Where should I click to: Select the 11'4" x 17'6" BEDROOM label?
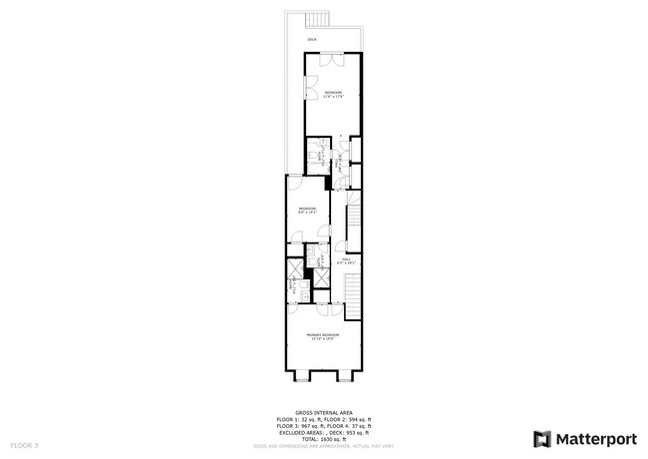(x=334, y=94)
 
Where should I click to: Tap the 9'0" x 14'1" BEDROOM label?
(x=307, y=210)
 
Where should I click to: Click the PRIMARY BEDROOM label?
(x=323, y=336)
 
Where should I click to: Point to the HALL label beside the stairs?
(x=347, y=260)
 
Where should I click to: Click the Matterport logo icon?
(x=542, y=438)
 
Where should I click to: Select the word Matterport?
(x=596, y=438)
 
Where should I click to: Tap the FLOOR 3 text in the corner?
(x=24, y=444)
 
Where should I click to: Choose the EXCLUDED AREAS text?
(x=305, y=431)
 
